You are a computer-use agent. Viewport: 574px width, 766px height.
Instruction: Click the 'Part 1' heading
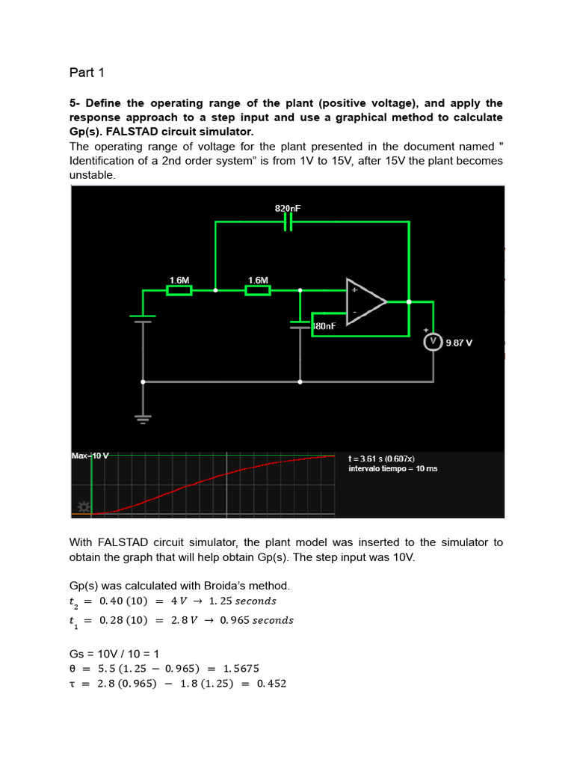coord(87,73)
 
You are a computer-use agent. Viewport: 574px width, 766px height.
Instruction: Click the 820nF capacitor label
coord(288,209)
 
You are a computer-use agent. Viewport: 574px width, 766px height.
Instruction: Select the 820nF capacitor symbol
coord(288,222)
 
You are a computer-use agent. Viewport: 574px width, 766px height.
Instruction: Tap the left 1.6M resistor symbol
coord(179,290)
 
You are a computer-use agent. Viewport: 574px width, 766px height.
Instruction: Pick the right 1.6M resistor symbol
coord(258,290)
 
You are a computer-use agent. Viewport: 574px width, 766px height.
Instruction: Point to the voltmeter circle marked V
coord(433,342)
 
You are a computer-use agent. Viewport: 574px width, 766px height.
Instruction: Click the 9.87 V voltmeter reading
coord(459,343)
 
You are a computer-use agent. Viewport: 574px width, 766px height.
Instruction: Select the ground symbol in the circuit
coord(143,419)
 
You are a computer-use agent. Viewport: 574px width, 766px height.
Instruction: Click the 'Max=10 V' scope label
coord(90,456)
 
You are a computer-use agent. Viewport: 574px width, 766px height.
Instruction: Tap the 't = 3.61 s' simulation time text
coord(382,458)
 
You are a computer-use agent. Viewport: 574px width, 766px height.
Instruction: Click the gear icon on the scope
coord(84,508)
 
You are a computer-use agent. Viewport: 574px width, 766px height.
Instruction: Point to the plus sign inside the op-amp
coord(354,289)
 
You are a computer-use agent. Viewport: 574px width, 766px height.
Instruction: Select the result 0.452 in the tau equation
coord(271,684)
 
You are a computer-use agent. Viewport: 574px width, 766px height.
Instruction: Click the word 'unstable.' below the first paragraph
coord(93,175)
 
